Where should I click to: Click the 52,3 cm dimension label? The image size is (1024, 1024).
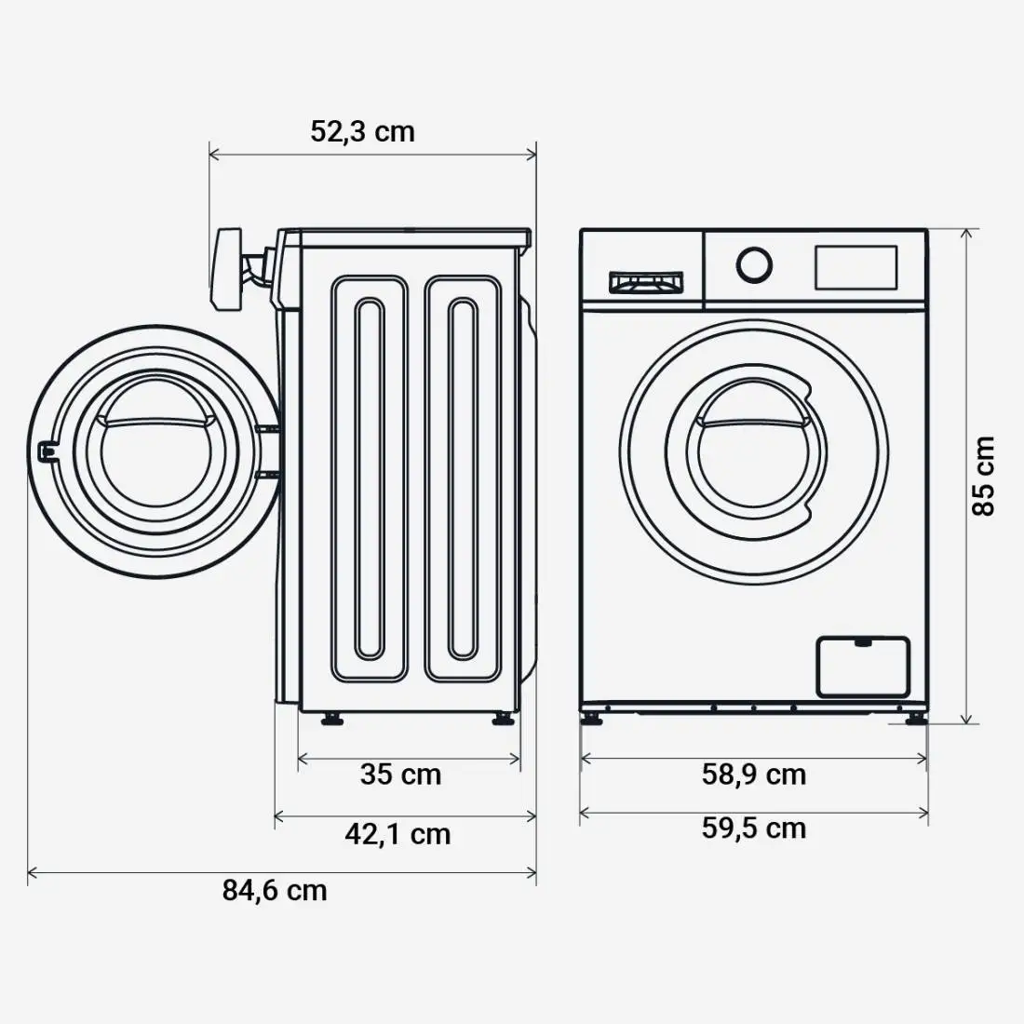[x=362, y=131]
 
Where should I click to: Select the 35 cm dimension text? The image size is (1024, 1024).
[x=400, y=774]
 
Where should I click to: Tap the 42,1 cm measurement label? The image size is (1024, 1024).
[x=397, y=833]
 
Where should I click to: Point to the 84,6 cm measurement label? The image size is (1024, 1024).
[x=275, y=890]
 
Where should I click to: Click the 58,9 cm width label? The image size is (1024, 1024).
[x=754, y=774]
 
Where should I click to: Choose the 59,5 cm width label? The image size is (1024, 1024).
[x=754, y=828]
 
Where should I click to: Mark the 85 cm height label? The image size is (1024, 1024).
[x=984, y=476]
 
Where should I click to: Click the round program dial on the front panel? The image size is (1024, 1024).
[x=754, y=264]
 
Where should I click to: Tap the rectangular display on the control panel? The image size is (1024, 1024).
[x=856, y=267]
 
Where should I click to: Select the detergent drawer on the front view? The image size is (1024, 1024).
[x=645, y=282]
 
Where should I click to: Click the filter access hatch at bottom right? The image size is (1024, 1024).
[x=862, y=666]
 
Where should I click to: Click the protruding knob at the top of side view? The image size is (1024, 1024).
[x=228, y=269]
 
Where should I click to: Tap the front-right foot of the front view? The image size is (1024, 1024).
[x=915, y=718]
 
